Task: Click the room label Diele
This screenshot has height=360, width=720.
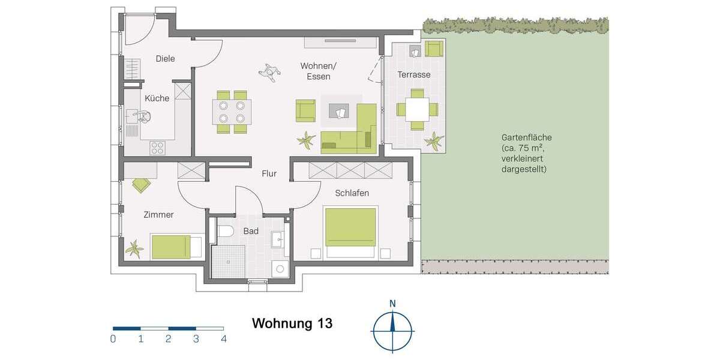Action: (x=165, y=59)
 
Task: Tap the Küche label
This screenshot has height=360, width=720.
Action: (x=157, y=98)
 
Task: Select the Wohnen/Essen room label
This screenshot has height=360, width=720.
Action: (x=318, y=71)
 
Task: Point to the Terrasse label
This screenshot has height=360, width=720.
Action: (x=414, y=75)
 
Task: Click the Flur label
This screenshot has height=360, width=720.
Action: (x=269, y=174)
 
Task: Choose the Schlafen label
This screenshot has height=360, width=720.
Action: (x=352, y=193)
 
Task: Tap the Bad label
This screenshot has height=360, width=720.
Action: (x=251, y=230)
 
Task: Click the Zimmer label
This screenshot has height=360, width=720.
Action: (x=158, y=215)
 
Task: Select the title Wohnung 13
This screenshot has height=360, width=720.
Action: (x=292, y=323)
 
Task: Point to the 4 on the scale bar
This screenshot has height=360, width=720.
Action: (x=223, y=339)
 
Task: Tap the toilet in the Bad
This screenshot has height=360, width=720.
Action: (x=226, y=231)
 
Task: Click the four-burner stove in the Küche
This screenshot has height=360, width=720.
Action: (x=157, y=146)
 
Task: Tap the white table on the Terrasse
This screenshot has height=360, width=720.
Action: (x=416, y=109)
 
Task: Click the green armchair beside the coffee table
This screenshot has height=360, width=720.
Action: (x=305, y=110)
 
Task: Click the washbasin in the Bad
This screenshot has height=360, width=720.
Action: (x=277, y=240)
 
